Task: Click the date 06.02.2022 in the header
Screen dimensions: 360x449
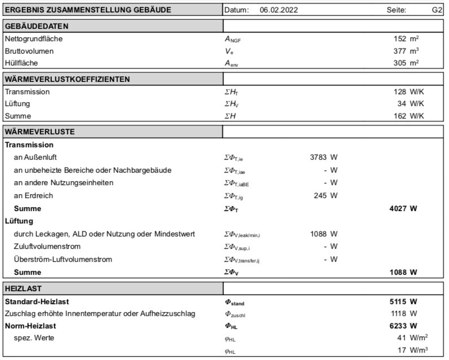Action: click(279, 10)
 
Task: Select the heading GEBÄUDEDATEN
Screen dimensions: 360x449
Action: click(37, 27)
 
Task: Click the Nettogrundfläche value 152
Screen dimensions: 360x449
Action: click(400, 39)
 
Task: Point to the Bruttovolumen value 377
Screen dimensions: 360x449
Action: click(400, 51)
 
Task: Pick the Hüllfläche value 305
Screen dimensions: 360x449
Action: click(400, 63)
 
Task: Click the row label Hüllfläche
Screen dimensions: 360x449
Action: click(21, 63)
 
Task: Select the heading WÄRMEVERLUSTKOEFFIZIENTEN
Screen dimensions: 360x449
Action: click(67, 79)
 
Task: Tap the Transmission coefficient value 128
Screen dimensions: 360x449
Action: click(400, 91)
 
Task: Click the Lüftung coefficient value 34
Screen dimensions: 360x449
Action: click(402, 104)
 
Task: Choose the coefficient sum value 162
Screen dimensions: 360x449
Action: click(400, 116)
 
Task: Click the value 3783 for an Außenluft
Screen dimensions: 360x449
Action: click(319, 157)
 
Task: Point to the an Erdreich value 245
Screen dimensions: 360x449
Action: click(321, 196)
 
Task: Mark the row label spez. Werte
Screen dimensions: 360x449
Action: click(33, 337)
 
